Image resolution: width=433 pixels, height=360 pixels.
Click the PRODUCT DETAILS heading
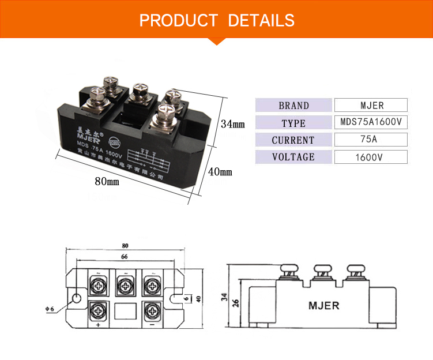click(x=217, y=21)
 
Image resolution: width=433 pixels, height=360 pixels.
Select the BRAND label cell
click(x=293, y=106)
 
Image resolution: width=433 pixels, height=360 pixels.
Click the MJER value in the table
click(x=371, y=106)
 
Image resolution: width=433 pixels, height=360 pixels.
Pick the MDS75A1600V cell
click(x=371, y=122)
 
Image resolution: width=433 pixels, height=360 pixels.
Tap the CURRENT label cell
click(x=293, y=140)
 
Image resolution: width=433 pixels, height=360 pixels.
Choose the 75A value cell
click(x=371, y=140)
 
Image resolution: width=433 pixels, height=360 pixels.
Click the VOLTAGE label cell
click(x=293, y=157)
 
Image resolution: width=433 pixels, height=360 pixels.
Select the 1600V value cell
click(x=371, y=157)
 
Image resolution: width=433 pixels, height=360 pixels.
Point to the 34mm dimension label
click(x=233, y=124)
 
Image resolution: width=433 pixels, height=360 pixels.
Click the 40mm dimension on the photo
click(x=219, y=172)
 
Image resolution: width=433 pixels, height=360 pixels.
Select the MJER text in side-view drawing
click(x=323, y=305)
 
